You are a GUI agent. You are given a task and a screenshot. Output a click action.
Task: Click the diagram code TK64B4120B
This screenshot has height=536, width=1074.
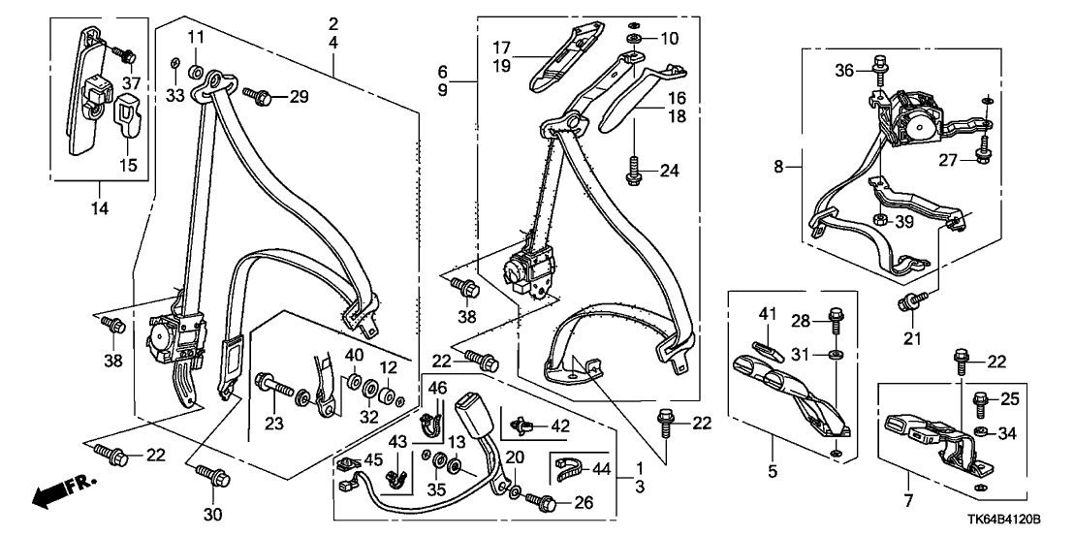(x=1012, y=520)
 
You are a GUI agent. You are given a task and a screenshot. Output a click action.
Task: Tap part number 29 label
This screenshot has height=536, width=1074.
(x=299, y=96)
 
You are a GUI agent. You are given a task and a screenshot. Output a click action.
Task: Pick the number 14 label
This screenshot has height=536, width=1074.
(x=100, y=207)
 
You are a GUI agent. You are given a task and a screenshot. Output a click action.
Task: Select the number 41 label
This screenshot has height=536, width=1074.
(x=768, y=316)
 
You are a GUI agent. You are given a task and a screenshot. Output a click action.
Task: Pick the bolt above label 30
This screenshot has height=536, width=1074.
(x=214, y=476)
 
